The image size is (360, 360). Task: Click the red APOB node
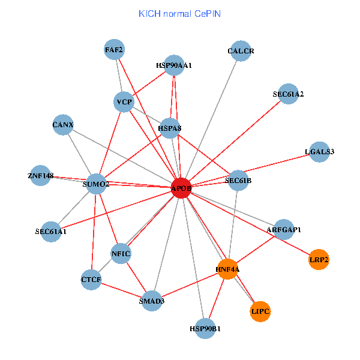[181, 188]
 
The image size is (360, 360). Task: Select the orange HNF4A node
[228, 269]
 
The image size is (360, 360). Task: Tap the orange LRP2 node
[319, 260]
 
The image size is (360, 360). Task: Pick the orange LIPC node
[260, 311]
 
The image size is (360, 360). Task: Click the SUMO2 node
[96, 184]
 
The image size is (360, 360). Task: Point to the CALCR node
[241, 51]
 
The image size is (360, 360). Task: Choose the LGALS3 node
[319, 151]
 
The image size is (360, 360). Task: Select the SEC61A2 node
[288, 94]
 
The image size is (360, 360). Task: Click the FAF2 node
[114, 50]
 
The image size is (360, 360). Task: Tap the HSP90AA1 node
[173, 65]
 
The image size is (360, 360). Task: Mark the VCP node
[124, 102]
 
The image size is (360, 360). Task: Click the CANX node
[63, 125]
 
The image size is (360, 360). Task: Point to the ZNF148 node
[40, 175]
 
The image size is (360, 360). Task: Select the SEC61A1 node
[51, 232]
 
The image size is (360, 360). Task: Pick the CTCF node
[91, 280]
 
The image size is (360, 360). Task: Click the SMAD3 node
[152, 301]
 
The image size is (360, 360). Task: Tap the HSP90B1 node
[205, 328]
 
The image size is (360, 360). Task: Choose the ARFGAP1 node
[284, 229]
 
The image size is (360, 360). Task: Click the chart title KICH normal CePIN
[179, 13]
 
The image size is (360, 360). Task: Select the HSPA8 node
[170, 128]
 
